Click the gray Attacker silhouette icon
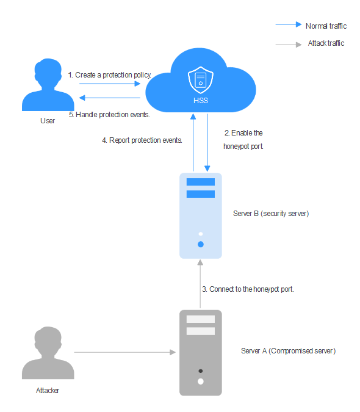[x=48, y=353]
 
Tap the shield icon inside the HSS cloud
[x=201, y=80]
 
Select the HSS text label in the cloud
[x=201, y=101]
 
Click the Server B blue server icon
[x=201, y=215]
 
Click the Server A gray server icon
[x=201, y=353]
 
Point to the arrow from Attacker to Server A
[x=125, y=352]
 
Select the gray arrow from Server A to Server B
[x=200, y=284]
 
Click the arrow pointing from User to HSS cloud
[x=110, y=84]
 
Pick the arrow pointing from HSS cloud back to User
[x=110, y=98]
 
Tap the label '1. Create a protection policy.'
[x=110, y=75]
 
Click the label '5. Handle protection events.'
[x=109, y=115]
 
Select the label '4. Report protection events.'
[x=142, y=140]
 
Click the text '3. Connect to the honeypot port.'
[x=248, y=289]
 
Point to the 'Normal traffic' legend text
[x=326, y=26]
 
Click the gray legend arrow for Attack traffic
[x=289, y=45]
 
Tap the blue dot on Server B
[x=201, y=244]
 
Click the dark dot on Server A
[x=201, y=371]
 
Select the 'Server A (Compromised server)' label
[x=289, y=351]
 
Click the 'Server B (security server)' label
[x=271, y=214]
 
